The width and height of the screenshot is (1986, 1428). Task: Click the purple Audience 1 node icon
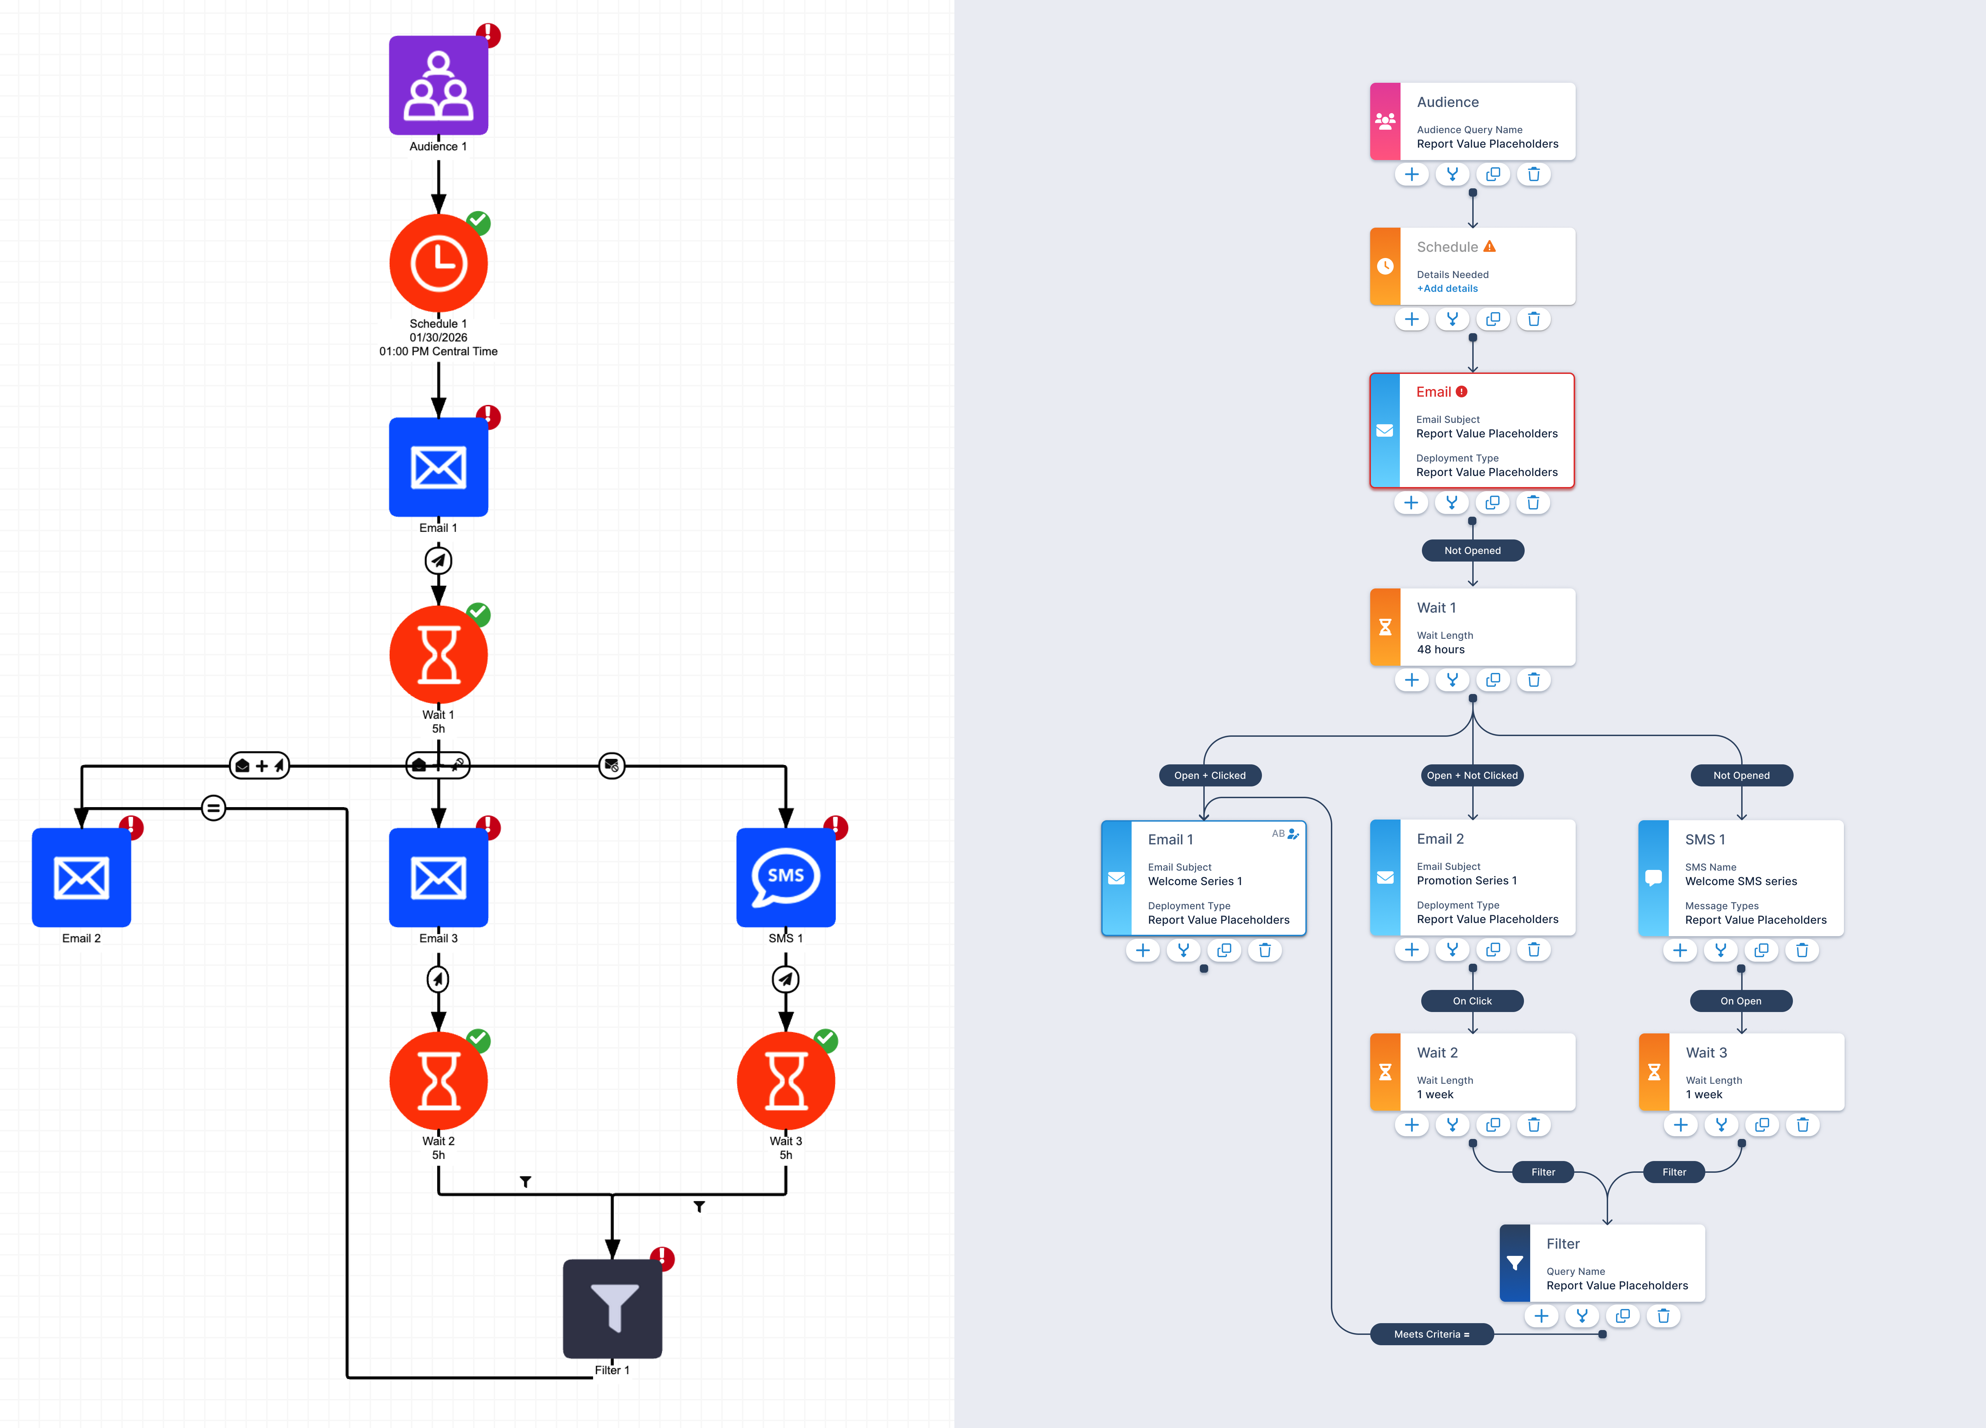[x=439, y=85]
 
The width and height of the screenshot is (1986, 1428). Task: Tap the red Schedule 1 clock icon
[x=439, y=263]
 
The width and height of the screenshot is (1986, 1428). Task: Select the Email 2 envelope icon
[x=81, y=877]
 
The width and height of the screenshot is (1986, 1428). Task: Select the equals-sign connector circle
[x=214, y=808]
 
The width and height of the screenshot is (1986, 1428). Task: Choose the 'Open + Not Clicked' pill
[x=1473, y=775]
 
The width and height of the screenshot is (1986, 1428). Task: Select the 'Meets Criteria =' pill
[x=1432, y=1334]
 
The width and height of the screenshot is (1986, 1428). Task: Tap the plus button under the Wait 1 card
[x=1412, y=680]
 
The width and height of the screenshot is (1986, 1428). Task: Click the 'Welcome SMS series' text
[x=1741, y=881]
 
